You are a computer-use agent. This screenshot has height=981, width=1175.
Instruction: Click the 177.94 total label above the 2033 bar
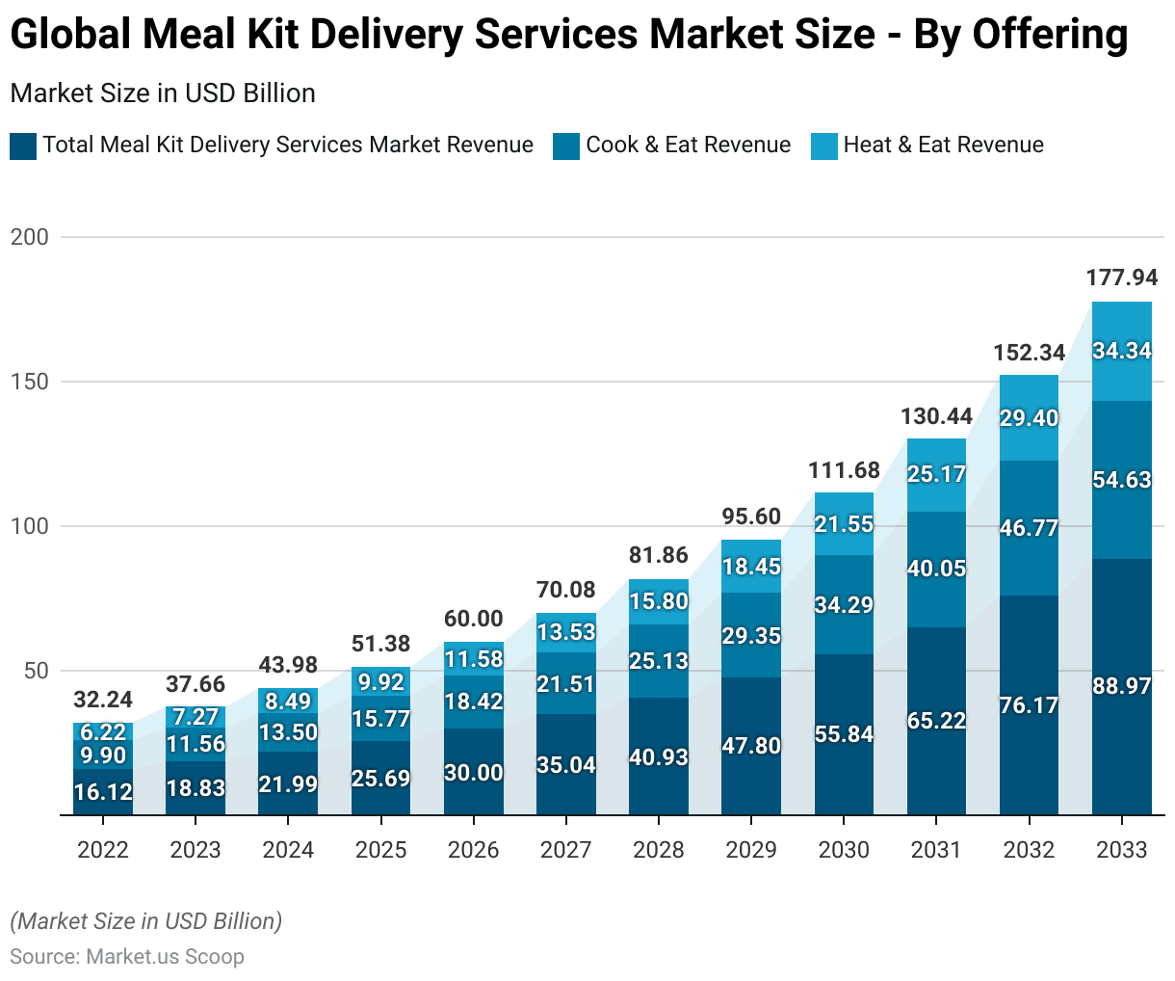point(1121,278)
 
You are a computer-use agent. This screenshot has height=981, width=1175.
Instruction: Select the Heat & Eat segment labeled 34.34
point(1121,351)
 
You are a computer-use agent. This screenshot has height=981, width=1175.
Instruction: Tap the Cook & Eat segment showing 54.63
point(1121,480)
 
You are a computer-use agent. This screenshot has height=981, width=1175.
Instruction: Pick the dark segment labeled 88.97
point(1121,686)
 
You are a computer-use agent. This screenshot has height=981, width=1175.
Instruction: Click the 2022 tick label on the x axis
point(103,850)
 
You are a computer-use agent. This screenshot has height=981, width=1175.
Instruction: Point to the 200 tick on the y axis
point(29,237)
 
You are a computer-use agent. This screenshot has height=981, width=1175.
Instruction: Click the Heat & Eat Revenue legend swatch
point(824,146)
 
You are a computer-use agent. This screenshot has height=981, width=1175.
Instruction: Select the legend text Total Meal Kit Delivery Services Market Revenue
point(287,145)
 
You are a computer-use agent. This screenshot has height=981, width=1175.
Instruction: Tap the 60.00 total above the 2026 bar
point(473,619)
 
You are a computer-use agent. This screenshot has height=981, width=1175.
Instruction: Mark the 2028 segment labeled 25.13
point(659,661)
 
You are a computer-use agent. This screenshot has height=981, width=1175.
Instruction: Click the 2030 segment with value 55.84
point(844,734)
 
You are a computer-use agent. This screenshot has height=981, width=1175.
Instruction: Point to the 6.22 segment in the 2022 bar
point(103,732)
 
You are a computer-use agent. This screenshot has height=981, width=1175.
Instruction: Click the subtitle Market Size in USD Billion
point(163,93)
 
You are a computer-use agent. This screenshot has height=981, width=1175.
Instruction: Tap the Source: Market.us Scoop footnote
point(127,957)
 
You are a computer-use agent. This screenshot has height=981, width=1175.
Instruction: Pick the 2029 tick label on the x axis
point(751,850)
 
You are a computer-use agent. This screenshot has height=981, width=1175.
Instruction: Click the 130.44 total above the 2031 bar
point(936,416)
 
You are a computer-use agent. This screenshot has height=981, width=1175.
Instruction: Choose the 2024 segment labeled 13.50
point(288,732)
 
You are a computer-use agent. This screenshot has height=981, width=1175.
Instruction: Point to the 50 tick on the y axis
point(36,671)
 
